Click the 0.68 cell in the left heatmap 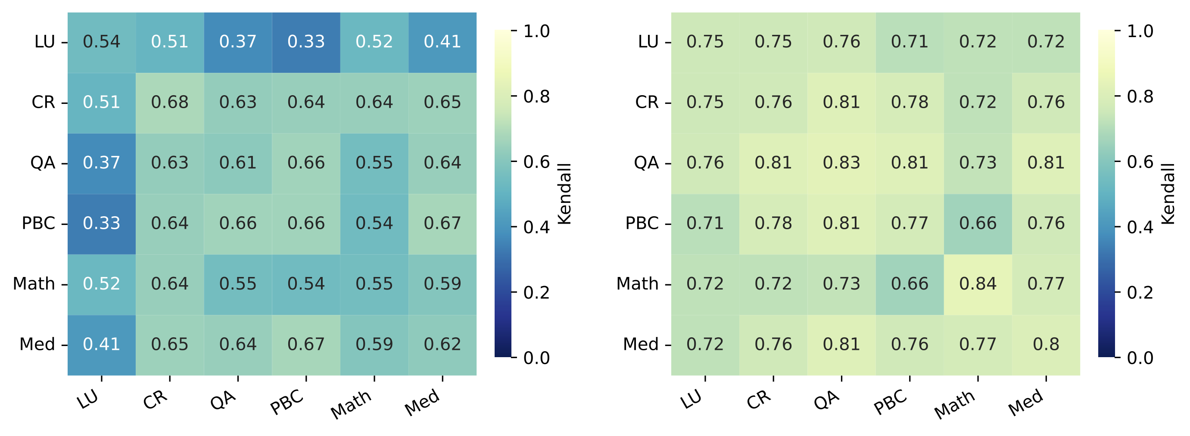(x=169, y=102)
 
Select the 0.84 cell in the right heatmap (x=978, y=283)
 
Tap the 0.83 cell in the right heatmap (x=841, y=162)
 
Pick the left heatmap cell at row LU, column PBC (x=306, y=41)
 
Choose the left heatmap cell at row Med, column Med (x=442, y=344)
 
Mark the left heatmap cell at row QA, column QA (x=237, y=162)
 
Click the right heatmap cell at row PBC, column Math (x=978, y=223)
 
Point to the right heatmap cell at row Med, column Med (x=1046, y=344)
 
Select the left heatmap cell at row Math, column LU (x=101, y=283)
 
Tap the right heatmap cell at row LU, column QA (x=841, y=41)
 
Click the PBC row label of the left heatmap (x=38, y=223)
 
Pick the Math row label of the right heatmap (x=637, y=283)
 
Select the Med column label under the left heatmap (x=422, y=402)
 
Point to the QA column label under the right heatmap (x=826, y=400)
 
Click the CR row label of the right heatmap (x=646, y=102)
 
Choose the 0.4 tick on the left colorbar (x=536, y=227)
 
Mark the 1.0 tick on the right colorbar (x=1140, y=31)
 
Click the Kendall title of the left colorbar (x=564, y=194)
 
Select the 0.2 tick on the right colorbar (x=1140, y=293)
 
